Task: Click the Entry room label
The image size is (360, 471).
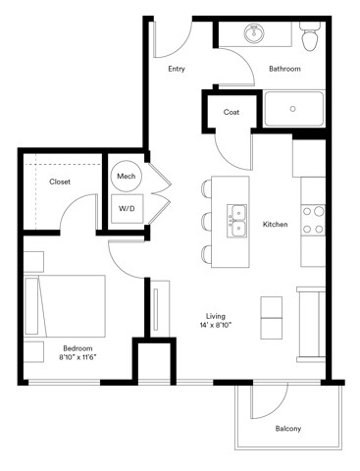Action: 177,70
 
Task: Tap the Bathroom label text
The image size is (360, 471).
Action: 284,70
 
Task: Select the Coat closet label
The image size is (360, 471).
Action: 231,112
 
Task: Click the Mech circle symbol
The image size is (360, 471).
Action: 127,176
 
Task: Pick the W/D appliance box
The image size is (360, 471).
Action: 128,208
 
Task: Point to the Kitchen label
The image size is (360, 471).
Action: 275,225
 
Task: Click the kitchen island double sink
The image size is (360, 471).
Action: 237,221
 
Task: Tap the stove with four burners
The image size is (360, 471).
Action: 313,220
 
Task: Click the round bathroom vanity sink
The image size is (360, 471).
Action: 256,34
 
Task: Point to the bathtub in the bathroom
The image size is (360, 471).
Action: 294,109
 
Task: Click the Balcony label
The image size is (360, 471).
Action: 287,429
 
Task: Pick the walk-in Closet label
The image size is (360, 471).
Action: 60,182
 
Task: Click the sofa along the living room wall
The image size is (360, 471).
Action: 312,322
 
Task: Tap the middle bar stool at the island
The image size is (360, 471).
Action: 209,221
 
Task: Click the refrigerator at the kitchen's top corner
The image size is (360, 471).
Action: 310,157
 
